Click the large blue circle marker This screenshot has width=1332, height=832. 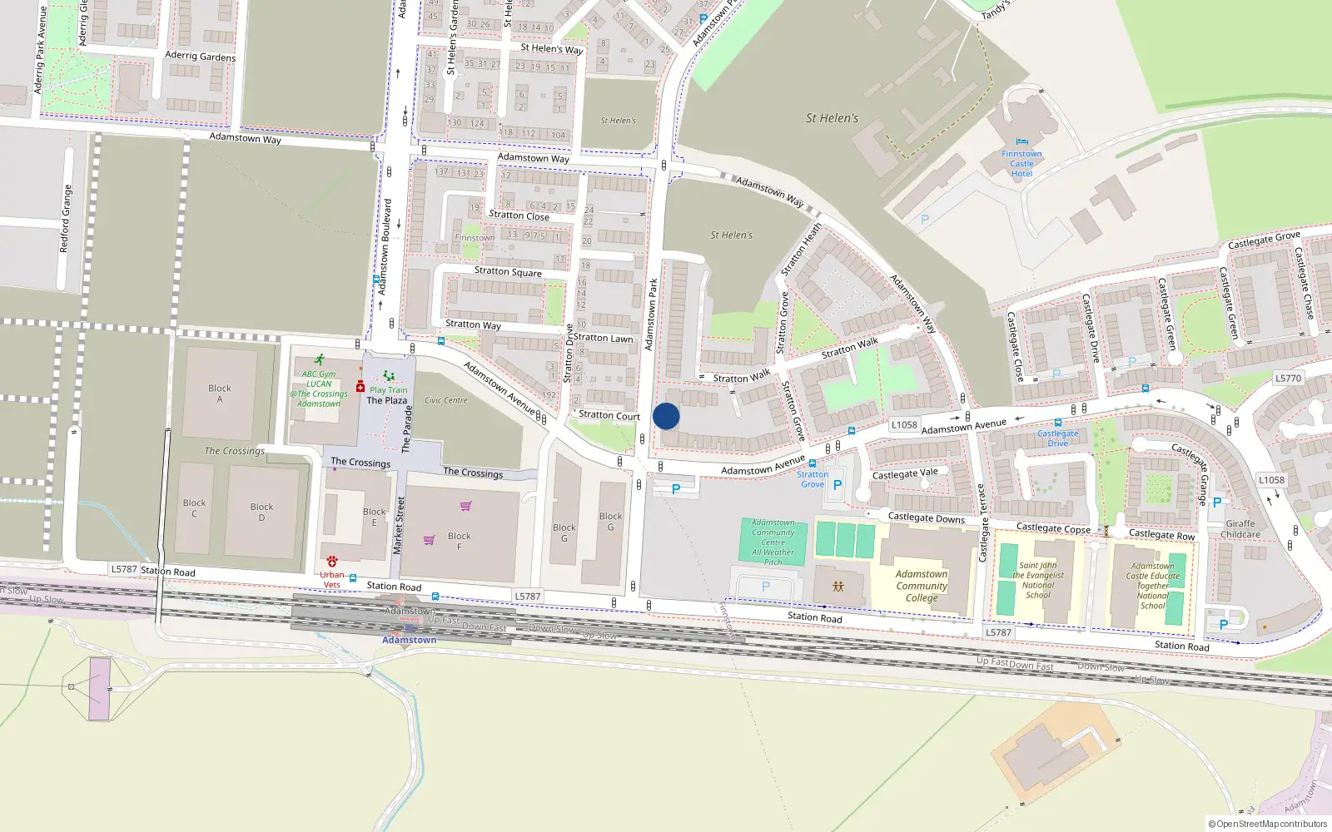[666, 416]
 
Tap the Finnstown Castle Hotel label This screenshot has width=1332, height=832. [1021, 164]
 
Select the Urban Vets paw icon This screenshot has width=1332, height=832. [331, 562]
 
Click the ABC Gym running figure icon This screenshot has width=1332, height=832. [319, 360]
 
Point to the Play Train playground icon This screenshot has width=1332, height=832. [388, 377]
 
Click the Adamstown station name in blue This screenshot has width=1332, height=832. [409, 640]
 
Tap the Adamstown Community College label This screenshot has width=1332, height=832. [922, 586]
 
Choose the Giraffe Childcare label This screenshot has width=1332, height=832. [1240, 529]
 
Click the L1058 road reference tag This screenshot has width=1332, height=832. [904, 424]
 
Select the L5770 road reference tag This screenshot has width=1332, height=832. [1288, 378]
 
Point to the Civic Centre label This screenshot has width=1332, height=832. [446, 400]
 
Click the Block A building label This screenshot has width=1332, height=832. [220, 394]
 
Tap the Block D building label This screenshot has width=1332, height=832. [261, 512]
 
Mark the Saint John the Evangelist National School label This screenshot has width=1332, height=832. [1038, 580]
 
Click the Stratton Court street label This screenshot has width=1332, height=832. [609, 415]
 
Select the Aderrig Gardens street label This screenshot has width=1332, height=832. [200, 57]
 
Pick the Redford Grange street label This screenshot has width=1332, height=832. [66, 219]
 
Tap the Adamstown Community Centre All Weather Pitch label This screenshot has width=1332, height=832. [773, 542]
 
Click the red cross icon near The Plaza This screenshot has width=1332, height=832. [360, 387]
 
